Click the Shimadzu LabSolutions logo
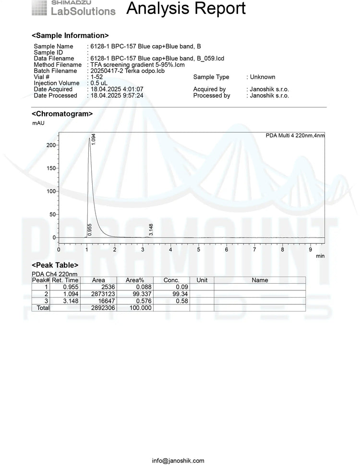[x=73, y=8]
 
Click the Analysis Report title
[x=186, y=9]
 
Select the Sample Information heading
[x=70, y=36]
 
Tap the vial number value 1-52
[x=95, y=77]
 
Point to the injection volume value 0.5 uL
[x=98, y=83]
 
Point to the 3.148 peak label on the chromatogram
[x=151, y=229]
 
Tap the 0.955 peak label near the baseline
[x=89, y=229]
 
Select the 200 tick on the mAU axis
[x=50, y=145]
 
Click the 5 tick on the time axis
[x=198, y=250]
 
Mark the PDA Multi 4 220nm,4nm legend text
[x=295, y=136]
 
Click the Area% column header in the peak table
[x=135, y=280]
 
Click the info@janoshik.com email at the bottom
[x=178, y=461]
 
